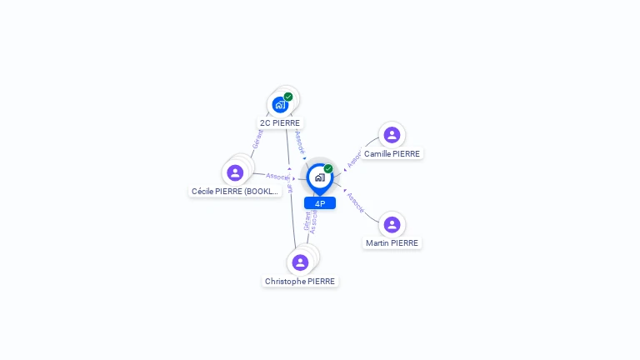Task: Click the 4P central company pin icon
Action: coord(319,177)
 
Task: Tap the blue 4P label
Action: coord(320,203)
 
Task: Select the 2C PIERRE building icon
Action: coord(280,105)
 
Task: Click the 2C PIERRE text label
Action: coord(280,122)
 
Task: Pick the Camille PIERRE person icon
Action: coord(392,135)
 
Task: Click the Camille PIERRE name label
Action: coord(392,153)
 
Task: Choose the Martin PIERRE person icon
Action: coord(392,224)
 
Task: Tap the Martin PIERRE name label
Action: coord(392,242)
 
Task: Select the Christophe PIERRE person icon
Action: coord(300,262)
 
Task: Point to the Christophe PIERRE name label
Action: coord(300,281)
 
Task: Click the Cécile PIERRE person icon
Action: coord(235,172)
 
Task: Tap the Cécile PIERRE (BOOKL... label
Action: coord(235,191)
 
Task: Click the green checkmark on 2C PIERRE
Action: coord(288,97)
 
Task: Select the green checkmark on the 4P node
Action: coord(328,169)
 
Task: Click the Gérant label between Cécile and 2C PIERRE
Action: coord(258,138)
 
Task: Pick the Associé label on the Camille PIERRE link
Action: coord(352,159)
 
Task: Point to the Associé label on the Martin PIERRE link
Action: coord(355,202)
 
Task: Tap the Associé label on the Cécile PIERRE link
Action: coord(277,177)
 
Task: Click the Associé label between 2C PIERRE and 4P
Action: coord(300,142)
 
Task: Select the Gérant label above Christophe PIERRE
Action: coord(307,221)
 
